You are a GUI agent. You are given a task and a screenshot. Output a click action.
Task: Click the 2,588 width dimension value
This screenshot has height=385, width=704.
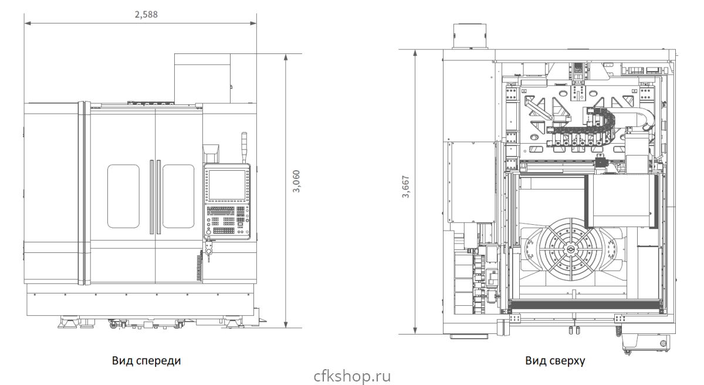click(146, 15)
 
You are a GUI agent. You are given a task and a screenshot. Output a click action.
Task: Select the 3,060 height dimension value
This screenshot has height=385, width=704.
click(296, 181)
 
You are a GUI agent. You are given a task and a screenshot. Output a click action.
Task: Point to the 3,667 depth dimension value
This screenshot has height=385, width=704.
click(406, 187)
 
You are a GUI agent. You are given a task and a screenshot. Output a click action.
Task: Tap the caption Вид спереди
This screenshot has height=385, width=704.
click(147, 360)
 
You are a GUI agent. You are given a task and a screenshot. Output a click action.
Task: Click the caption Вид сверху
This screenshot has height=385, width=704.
click(555, 360)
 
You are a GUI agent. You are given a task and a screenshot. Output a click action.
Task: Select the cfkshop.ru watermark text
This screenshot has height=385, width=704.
click(352, 376)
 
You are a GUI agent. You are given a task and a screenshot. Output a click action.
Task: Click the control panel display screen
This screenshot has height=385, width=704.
click(227, 185)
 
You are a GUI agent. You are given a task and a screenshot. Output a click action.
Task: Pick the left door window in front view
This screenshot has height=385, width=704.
click(123, 196)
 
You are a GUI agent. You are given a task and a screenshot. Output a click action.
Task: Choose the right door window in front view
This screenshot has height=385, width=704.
click(178, 196)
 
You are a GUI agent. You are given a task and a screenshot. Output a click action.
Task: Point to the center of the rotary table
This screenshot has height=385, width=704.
click(570, 249)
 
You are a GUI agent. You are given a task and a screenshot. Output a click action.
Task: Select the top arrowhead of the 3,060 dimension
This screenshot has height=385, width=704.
click(286, 57)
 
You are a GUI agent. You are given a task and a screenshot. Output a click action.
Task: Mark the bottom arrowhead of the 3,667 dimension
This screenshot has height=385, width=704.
click(415, 330)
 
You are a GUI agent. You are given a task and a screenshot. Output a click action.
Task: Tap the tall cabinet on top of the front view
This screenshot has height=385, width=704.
click(202, 78)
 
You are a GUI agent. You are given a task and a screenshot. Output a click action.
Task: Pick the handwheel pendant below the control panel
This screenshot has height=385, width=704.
click(208, 248)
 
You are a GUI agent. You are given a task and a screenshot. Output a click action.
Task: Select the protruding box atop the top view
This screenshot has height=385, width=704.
click(469, 36)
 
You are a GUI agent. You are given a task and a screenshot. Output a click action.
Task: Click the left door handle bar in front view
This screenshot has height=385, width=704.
click(151, 197)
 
